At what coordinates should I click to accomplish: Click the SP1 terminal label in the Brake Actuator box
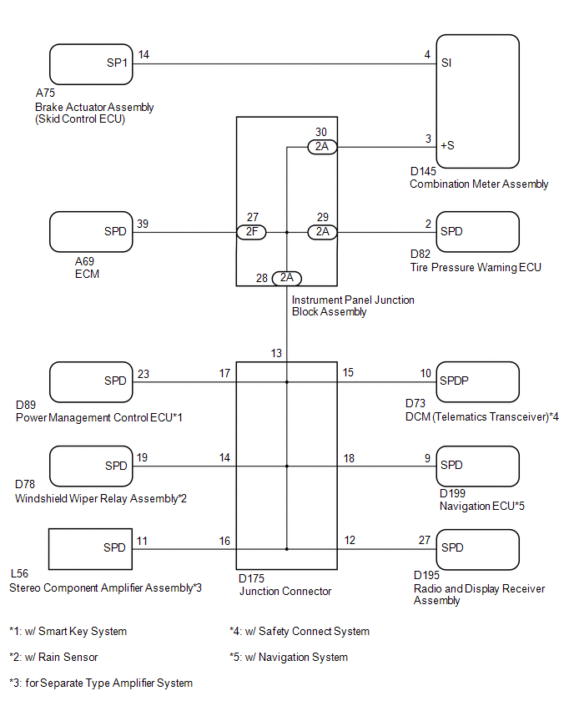point(117,63)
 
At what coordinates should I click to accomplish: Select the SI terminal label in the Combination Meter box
point(446,63)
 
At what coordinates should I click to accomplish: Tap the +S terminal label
point(447,145)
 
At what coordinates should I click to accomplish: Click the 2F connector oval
point(252,232)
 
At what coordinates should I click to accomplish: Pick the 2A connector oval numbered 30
point(322,147)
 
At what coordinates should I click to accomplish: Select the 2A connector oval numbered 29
point(322,232)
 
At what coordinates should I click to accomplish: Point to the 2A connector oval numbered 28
point(286,278)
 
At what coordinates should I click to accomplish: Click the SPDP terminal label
point(454,381)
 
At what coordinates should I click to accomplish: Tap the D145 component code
point(423,171)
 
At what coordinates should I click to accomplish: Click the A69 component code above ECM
point(84,262)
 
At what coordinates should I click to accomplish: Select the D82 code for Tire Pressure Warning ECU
point(420,254)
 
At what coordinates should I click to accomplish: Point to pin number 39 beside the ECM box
point(143,224)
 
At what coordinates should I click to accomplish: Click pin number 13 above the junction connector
point(276,353)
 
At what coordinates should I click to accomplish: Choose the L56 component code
point(19,573)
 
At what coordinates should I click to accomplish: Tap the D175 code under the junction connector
point(251,578)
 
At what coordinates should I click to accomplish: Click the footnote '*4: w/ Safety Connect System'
point(300,631)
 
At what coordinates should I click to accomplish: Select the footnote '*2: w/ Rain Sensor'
point(53,657)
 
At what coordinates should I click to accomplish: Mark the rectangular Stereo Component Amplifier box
point(91,529)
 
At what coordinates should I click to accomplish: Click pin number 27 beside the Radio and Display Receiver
point(425,540)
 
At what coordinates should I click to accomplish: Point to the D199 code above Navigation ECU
point(452,493)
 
